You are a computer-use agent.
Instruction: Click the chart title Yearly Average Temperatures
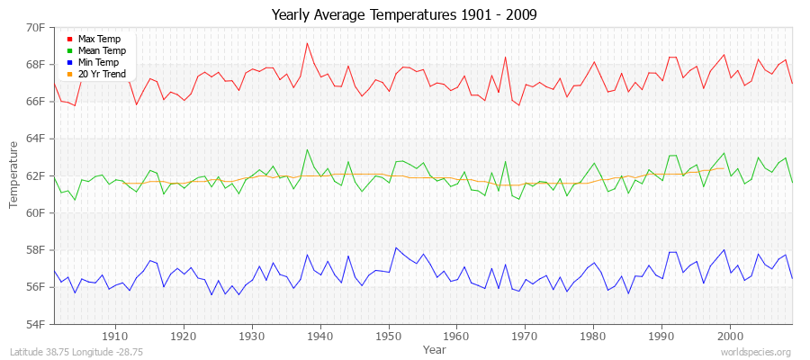click(404, 15)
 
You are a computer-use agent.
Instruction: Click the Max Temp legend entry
click(99, 40)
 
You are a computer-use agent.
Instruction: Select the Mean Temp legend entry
click(102, 51)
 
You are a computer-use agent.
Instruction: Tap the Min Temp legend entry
click(99, 63)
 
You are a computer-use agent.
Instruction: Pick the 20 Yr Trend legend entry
click(103, 74)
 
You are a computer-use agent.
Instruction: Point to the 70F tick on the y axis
click(35, 28)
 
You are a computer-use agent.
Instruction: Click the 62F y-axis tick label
click(35, 175)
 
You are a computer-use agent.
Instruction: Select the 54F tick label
click(35, 324)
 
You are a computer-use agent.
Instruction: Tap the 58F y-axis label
click(35, 249)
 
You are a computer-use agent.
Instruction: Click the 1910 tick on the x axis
click(115, 335)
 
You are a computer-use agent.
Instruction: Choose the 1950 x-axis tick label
click(389, 335)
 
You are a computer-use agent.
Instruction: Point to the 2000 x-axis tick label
click(730, 335)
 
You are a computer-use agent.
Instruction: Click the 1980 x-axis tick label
click(593, 335)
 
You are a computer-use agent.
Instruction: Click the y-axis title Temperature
click(14, 175)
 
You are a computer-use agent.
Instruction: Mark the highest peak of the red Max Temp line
click(307, 43)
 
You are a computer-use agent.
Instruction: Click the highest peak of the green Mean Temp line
click(307, 149)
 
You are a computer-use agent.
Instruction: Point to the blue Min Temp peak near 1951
click(396, 247)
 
